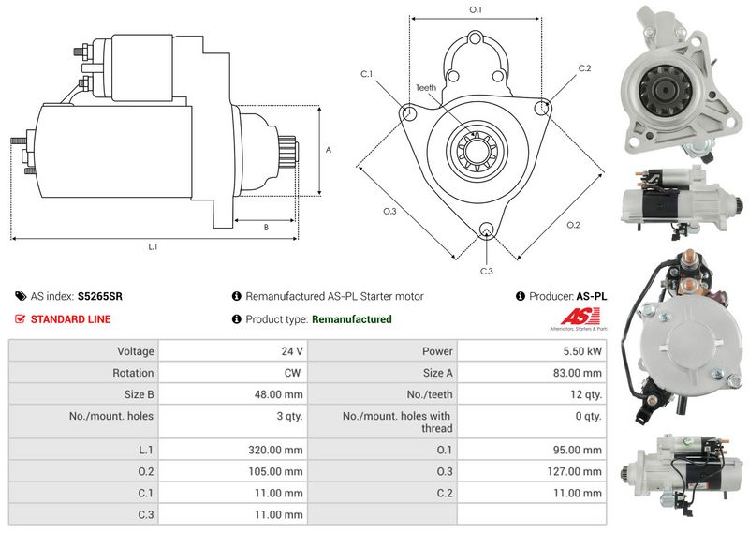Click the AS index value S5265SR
click(x=100, y=296)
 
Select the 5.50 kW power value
click(x=581, y=351)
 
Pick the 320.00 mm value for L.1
click(x=275, y=450)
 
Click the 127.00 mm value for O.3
click(x=574, y=472)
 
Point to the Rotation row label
click(x=133, y=373)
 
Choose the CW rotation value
click(x=292, y=373)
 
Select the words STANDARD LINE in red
click(x=70, y=319)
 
